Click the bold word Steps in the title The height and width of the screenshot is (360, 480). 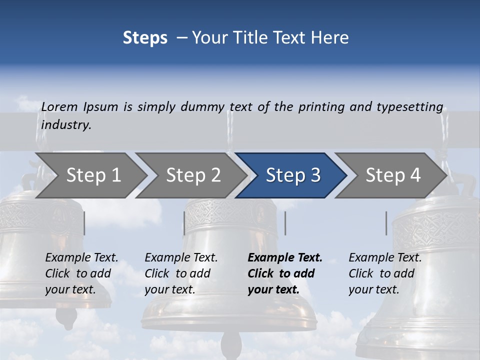click(145, 38)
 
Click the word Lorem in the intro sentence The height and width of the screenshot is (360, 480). click(59, 107)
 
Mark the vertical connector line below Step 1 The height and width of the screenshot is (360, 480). click(84, 223)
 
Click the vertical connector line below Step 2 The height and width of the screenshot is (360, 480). click(184, 223)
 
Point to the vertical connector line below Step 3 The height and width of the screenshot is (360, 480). click(285, 223)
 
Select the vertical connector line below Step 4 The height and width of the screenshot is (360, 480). click(386, 223)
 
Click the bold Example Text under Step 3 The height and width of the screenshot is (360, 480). click(285, 258)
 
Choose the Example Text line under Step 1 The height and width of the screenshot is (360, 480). click(81, 258)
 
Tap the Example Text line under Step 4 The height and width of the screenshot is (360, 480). click(385, 258)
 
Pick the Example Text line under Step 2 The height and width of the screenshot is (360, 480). click(181, 258)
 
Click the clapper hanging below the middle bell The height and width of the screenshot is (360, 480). click(231, 345)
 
